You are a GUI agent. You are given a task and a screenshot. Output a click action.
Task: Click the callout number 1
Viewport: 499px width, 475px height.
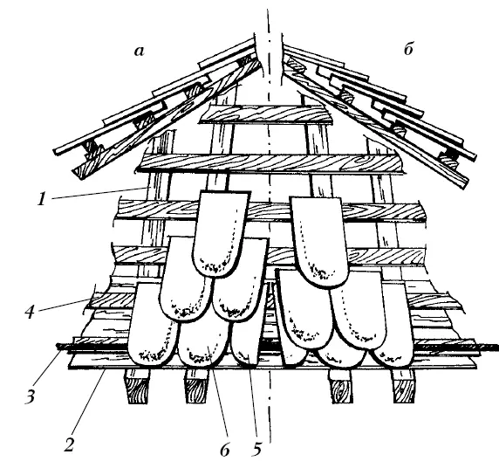(41, 199)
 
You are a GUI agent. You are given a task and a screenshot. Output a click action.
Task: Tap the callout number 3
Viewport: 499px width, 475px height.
(30, 397)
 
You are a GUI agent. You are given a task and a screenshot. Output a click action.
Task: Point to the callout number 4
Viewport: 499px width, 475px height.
(30, 312)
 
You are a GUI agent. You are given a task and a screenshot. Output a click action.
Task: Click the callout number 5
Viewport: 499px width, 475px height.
(256, 449)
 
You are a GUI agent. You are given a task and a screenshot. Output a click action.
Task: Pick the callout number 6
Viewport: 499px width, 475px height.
(224, 450)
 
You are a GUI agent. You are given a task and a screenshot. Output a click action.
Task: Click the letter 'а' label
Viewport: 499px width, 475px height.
(139, 52)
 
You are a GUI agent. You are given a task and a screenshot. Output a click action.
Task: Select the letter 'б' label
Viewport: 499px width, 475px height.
(408, 49)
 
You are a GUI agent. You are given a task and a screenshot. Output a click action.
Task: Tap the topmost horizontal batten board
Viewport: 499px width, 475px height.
(266, 114)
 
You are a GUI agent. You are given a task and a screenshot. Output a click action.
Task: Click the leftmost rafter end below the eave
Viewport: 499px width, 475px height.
(138, 387)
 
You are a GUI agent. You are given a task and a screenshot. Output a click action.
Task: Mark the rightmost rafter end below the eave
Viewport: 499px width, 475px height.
(404, 387)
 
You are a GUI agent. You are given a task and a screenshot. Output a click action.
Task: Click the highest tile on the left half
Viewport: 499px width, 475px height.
(220, 233)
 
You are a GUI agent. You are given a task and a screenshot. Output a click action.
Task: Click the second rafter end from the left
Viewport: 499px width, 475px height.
(196, 387)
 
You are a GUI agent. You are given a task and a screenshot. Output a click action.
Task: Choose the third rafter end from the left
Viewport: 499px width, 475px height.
(340, 387)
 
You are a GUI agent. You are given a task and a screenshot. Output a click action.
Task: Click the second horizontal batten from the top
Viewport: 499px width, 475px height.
(270, 164)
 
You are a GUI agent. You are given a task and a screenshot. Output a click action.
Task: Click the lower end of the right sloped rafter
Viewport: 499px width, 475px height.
(462, 182)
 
